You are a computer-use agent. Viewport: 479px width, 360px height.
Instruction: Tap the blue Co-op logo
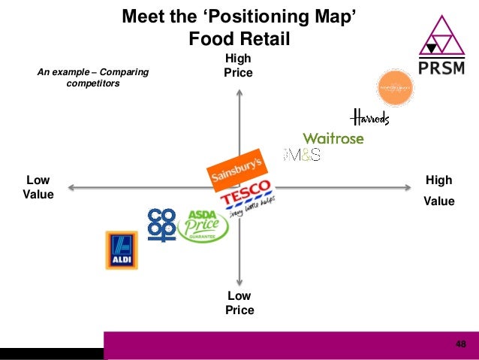161,225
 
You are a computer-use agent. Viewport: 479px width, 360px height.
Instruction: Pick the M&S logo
303,155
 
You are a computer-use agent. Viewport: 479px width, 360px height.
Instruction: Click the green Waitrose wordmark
333,138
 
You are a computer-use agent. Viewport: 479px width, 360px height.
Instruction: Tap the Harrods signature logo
369,117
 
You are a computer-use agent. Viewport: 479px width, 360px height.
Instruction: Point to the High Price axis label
238,66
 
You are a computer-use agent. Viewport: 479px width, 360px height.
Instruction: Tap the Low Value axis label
38,188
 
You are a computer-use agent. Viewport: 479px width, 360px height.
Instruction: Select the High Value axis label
438,191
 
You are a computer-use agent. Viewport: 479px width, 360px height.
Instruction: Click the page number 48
460,343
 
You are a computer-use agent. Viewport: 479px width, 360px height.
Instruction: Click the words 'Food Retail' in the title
239,38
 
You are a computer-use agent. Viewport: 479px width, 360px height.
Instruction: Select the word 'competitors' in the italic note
93,83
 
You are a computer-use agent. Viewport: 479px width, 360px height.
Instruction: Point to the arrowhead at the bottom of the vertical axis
238,280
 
